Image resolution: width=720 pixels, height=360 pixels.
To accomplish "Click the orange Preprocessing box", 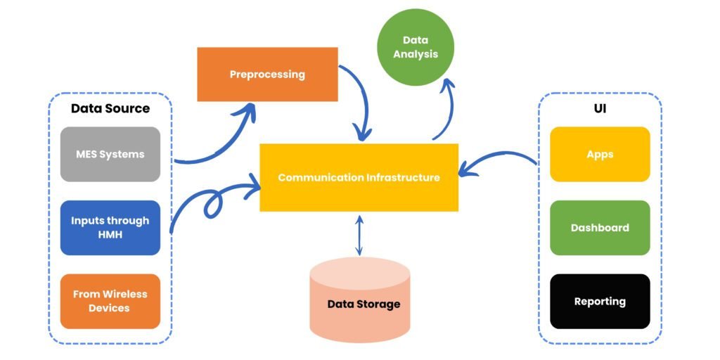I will pos(267,75).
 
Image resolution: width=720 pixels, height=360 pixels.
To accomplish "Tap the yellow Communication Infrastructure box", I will pos(359,177).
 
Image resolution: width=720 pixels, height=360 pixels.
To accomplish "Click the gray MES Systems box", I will pos(110,154).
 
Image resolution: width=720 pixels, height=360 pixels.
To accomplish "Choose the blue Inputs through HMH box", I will pos(110,227).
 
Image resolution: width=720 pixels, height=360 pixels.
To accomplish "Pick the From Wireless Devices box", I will pos(110,301).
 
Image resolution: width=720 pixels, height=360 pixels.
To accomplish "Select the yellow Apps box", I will pos(600,154).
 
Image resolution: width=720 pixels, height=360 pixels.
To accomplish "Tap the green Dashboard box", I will pos(600,227).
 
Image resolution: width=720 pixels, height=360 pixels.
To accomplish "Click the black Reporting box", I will pos(600,301).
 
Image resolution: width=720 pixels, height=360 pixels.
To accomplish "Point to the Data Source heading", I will pos(110,108).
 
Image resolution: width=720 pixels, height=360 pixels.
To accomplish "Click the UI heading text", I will pos(600,109).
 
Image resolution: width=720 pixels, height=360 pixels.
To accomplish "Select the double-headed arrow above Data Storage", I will pos(359,235).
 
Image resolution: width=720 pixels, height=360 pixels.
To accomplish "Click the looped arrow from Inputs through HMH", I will pos(211,200).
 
